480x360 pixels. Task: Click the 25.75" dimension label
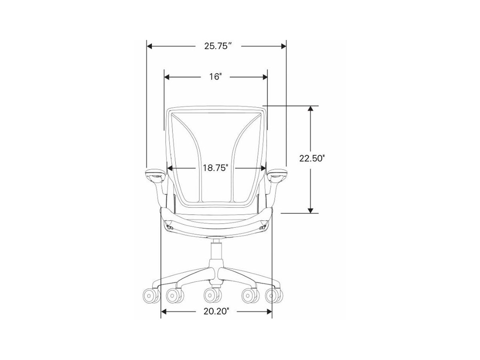(x=218, y=46)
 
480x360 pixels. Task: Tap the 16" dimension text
(x=216, y=77)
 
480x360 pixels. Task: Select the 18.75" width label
(x=216, y=168)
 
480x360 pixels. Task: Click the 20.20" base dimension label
(x=216, y=312)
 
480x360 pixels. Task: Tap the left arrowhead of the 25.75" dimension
(x=149, y=46)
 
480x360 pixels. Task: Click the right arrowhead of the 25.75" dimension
(x=284, y=46)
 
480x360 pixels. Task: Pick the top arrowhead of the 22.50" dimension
(x=310, y=109)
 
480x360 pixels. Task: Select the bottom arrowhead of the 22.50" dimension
(x=310, y=210)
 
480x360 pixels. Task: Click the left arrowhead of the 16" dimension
(x=167, y=77)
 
